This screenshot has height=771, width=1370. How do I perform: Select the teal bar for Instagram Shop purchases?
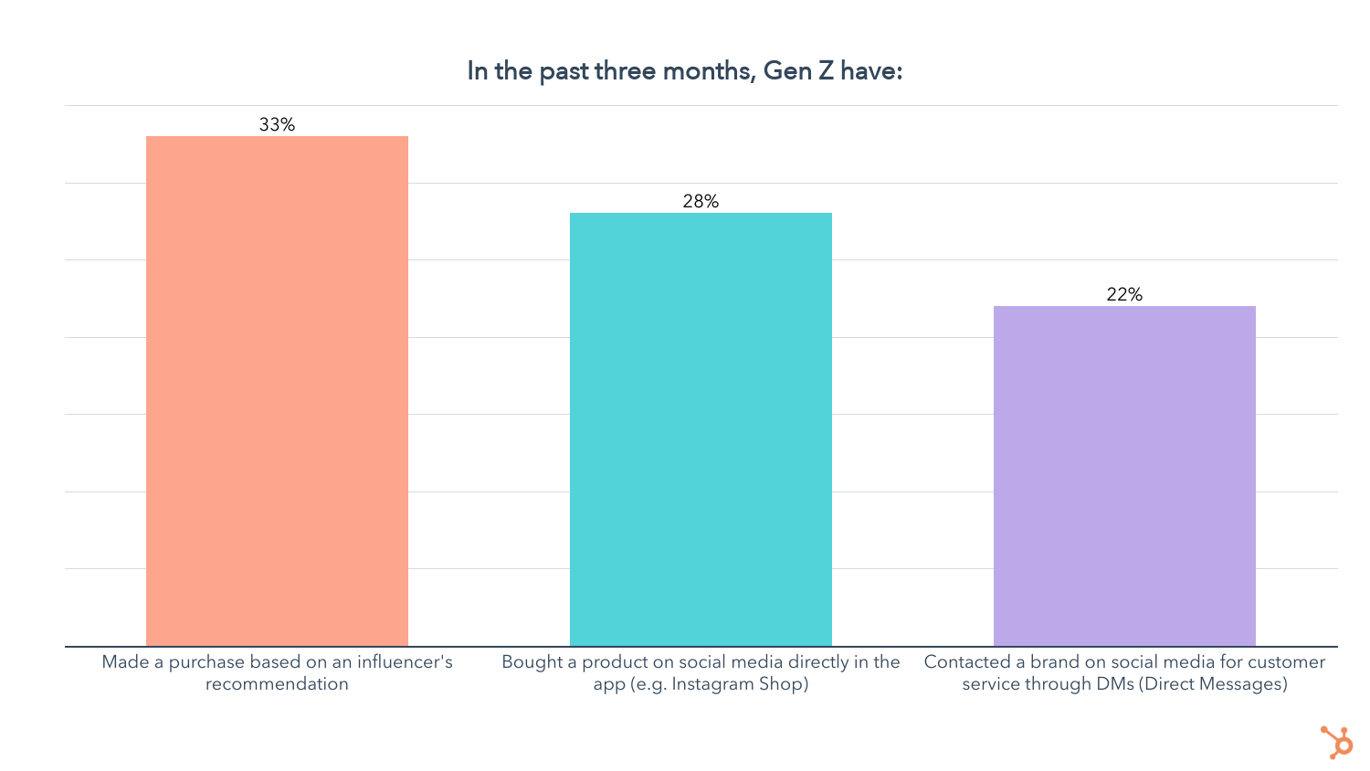(701, 429)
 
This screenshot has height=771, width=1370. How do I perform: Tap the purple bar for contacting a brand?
(1124, 476)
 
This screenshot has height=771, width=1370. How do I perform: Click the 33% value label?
(277, 125)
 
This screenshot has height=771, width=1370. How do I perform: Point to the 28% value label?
(701, 202)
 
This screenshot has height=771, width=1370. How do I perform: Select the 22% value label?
(1124, 295)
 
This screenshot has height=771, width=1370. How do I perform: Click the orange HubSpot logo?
(1336, 741)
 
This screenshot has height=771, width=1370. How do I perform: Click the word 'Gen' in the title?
(787, 71)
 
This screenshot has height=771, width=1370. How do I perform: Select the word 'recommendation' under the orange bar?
(277, 684)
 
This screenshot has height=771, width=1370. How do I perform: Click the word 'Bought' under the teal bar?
(532, 662)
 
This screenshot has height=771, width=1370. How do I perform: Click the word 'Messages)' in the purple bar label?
(1244, 684)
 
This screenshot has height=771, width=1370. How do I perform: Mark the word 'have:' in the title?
(871, 71)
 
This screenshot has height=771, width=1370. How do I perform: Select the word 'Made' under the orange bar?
(121, 662)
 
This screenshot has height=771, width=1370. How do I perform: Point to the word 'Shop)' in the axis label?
(782, 684)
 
